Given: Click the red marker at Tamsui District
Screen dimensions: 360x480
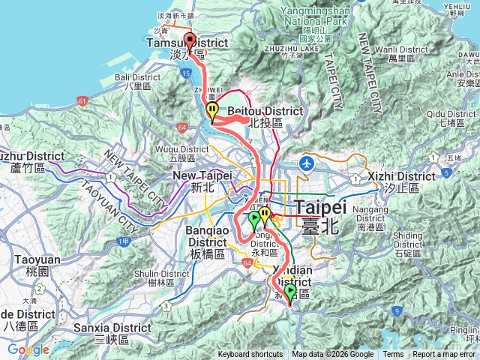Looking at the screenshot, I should pyautogui.click(x=189, y=41).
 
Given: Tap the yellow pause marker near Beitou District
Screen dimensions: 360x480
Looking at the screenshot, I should pyautogui.click(x=213, y=111).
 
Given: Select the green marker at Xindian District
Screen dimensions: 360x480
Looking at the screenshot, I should pyautogui.click(x=290, y=289).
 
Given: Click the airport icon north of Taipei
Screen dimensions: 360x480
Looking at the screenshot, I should pyautogui.click(x=306, y=163).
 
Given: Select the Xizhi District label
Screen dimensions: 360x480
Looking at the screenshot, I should pyautogui.click(x=402, y=176).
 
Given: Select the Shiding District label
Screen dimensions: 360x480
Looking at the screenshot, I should pyautogui.click(x=407, y=240).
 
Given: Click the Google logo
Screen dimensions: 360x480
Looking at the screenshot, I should pyautogui.click(x=28, y=350).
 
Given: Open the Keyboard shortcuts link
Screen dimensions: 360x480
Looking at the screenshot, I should pyautogui.click(x=250, y=355).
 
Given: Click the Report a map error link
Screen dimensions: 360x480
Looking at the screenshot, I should pyautogui.click(x=445, y=355).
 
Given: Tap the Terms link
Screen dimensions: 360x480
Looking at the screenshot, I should pyautogui.click(x=393, y=355).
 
